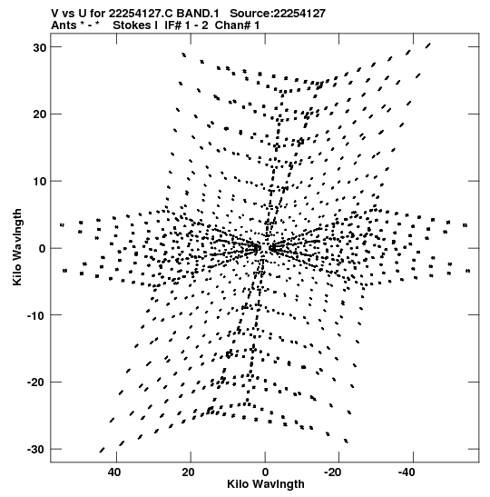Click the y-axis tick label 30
click(x=40, y=47)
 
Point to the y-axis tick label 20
click(x=40, y=114)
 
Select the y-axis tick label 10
click(x=40, y=182)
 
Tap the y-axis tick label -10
click(x=37, y=315)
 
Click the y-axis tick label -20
click(x=37, y=383)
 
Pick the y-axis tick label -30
click(x=37, y=450)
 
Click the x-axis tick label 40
click(x=114, y=472)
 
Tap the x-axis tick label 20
click(x=189, y=472)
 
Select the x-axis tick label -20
click(x=332, y=472)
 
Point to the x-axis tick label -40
click(x=407, y=472)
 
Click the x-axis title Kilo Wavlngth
click(x=266, y=484)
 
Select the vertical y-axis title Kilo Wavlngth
click(x=17, y=247)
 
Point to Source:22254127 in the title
click(x=278, y=14)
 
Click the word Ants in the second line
click(x=64, y=25)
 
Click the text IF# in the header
click(x=172, y=25)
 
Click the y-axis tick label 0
click(x=43, y=249)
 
